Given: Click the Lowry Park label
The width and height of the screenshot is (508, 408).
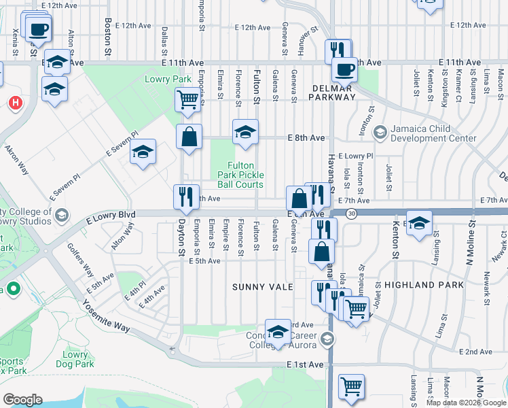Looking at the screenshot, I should tap(168, 79).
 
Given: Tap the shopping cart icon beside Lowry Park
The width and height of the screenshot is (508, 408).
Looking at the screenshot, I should tap(187, 100).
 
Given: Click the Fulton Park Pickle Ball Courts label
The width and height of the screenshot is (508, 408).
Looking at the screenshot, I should tap(240, 175).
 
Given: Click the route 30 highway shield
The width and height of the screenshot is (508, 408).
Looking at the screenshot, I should tap(351, 214).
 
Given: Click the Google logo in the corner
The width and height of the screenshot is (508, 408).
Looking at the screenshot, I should tap(22, 400).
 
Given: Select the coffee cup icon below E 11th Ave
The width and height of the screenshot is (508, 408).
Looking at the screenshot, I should tap(344, 69).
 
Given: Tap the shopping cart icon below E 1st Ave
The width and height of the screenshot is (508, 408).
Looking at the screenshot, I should tap(351, 386).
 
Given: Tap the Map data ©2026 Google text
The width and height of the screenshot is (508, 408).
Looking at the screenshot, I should tap(466, 403).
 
